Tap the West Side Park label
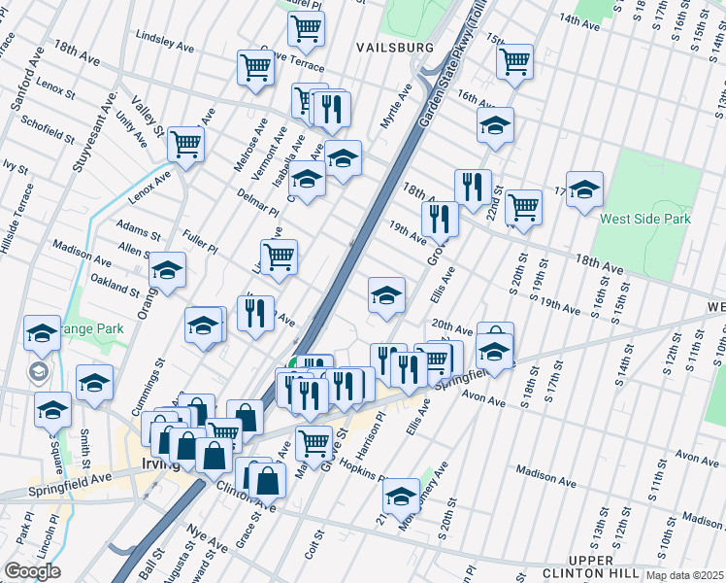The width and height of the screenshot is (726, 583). pyautogui.click(x=644, y=220)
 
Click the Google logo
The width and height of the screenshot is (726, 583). pyautogui.click(x=32, y=571)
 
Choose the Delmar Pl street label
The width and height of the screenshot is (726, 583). pyautogui.click(x=257, y=203)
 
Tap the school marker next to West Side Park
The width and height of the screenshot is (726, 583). pyautogui.click(x=584, y=189)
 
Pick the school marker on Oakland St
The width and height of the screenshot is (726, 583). pyautogui.click(x=167, y=271)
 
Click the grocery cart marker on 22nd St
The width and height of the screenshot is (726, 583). pyautogui.click(x=523, y=207)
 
